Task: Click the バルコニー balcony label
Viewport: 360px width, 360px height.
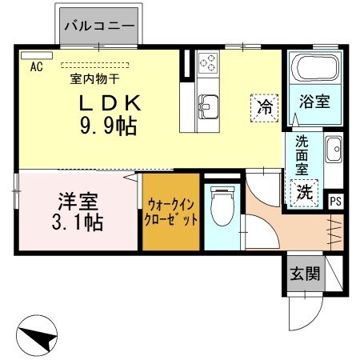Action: (x=99, y=26)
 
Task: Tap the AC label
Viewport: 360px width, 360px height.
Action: (x=36, y=66)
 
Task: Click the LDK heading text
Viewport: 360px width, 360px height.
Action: (x=110, y=103)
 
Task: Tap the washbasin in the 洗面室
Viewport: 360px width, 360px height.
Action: (x=333, y=149)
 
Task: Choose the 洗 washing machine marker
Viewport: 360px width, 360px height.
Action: (x=305, y=193)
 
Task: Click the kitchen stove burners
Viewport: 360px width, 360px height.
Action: (x=208, y=62)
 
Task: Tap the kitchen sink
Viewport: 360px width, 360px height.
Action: (x=208, y=104)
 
